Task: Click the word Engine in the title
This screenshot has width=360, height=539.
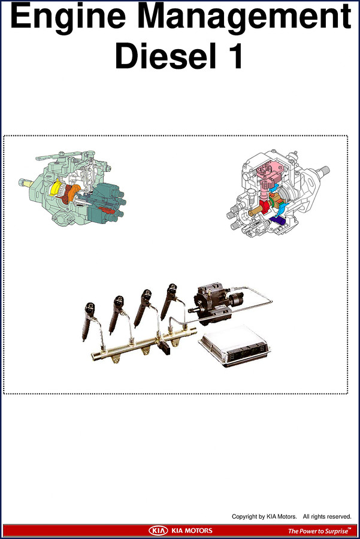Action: pos(68,17)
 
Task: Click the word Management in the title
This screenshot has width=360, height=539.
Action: pos(245,17)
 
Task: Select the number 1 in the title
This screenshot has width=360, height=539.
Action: pos(235,56)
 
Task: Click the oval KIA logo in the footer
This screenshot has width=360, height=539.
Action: pos(159,531)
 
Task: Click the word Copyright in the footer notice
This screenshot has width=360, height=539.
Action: pos(244,516)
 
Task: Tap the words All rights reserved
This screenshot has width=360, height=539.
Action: pos(327,516)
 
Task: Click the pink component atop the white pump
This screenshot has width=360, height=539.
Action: pos(269,178)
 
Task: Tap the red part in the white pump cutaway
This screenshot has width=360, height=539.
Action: pos(265,207)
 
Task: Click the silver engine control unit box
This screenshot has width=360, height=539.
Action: pos(234,346)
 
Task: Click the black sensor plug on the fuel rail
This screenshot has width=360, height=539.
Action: pos(165,347)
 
